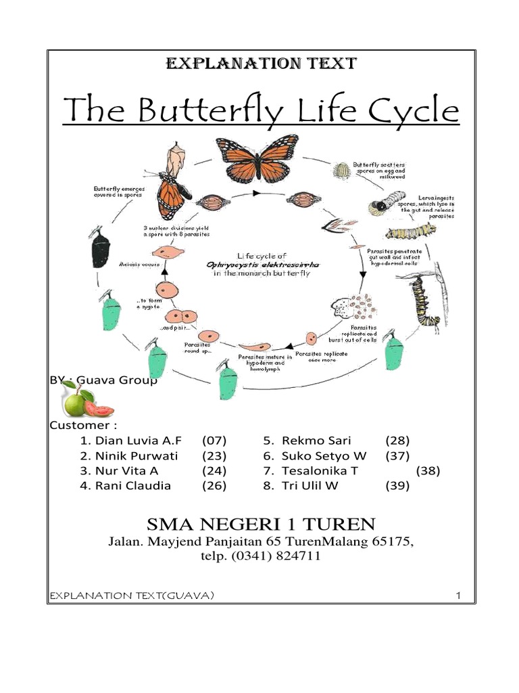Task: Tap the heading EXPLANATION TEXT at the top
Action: pyautogui.click(x=261, y=64)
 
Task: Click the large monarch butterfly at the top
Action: pyautogui.click(x=257, y=160)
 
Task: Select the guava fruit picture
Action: pyautogui.click(x=86, y=400)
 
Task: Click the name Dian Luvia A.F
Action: pyautogui.click(x=138, y=441)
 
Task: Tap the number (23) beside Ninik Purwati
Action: pyautogui.click(x=214, y=455)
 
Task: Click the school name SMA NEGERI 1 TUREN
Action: pyautogui.click(x=260, y=523)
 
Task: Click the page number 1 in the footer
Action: pyautogui.click(x=458, y=596)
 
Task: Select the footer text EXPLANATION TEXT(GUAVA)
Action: pyautogui.click(x=132, y=596)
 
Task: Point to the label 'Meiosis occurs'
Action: pyautogui.click(x=139, y=264)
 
